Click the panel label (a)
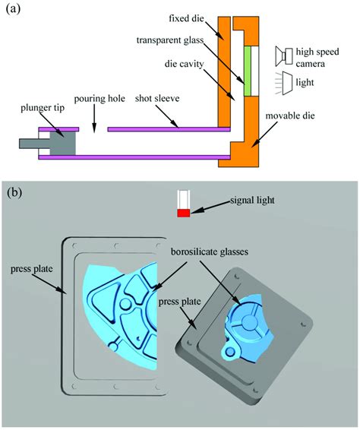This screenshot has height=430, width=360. click(x=14, y=11)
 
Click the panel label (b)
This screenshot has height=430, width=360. click(x=15, y=191)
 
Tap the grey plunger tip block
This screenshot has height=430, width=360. click(x=63, y=141)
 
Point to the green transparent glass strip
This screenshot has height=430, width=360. click(x=247, y=71)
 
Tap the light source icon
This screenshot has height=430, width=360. click(x=287, y=81)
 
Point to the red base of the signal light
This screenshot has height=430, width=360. click(x=183, y=213)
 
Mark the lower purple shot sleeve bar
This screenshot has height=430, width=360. click(x=129, y=157)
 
